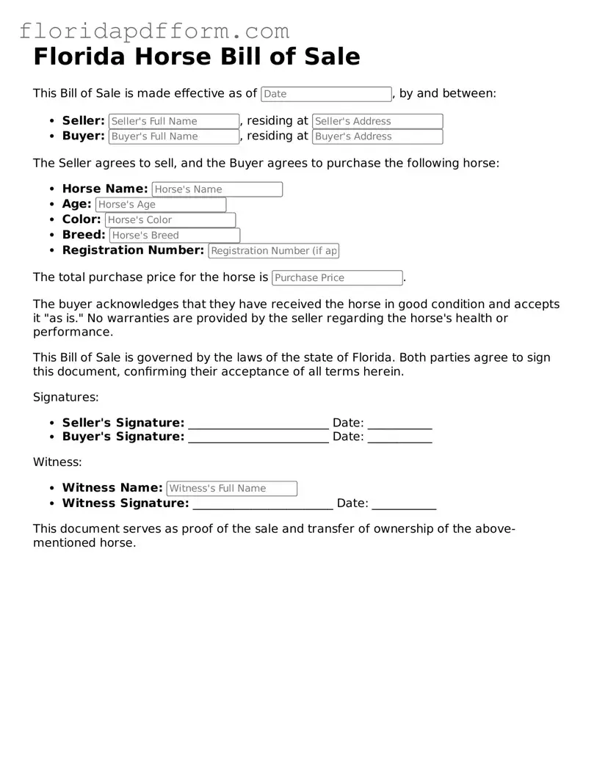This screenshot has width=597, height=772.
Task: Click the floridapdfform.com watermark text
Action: pos(154,31)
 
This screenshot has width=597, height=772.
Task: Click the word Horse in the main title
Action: pos(176,57)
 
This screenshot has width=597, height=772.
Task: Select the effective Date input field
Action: pos(326,94)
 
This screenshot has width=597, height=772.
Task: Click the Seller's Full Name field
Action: pos(174,121)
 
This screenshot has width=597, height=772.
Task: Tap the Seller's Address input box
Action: pos(377,121)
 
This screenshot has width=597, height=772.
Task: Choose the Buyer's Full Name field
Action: pos(174,136)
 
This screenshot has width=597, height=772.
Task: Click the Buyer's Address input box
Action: pos(377,136)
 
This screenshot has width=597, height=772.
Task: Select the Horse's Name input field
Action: pos(217,189)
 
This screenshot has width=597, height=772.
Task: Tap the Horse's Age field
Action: pos(161,205)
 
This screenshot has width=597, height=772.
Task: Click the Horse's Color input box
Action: pos(170,220)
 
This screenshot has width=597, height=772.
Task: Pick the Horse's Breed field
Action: pos(174,236)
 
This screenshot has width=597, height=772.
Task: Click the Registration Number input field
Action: pos(273,251)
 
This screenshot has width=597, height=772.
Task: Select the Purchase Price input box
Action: pos(337,278)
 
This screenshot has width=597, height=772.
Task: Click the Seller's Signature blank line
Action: pos(258,424)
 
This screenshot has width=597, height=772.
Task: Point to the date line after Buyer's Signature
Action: pos(399,438)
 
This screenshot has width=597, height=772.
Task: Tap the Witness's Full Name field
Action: pos(231,489)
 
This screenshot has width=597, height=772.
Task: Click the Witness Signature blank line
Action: pos(263,505)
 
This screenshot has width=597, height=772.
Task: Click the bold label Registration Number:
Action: pos(133,250)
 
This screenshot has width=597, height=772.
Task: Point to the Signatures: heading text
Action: pos(65,397)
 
